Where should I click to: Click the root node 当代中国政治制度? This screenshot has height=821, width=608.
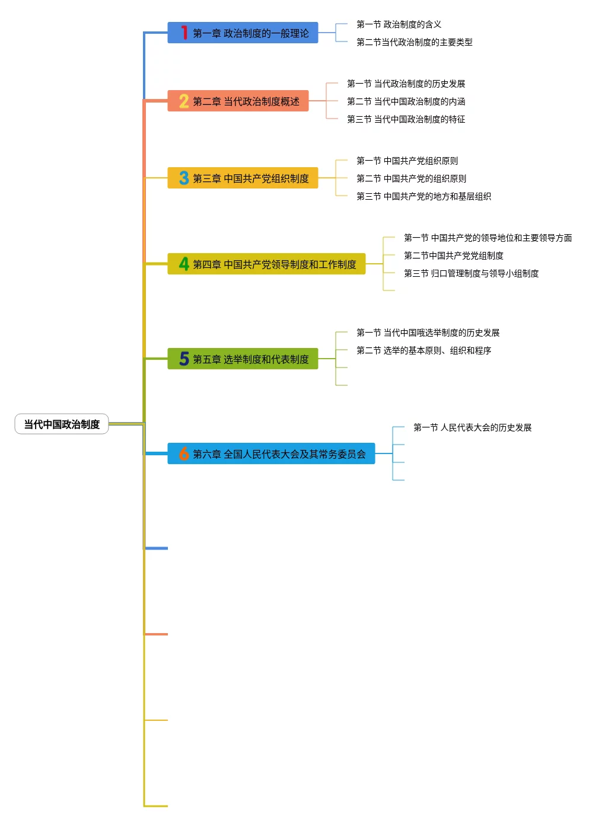tap(62, 424)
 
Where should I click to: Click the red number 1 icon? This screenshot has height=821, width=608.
tap(184, 33)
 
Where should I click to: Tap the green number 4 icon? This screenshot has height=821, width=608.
tap(184, 264)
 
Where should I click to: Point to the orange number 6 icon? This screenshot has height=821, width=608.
tap(184, 453)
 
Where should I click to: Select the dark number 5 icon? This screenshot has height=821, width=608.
tap(184, 359)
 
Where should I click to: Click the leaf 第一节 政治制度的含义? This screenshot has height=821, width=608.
tap(399, 24)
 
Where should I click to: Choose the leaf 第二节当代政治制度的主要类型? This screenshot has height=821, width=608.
tap(414, 42)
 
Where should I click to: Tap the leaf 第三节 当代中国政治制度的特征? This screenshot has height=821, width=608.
tap(406, 119)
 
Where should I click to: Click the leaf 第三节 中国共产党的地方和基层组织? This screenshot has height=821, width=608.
tap(424, 196)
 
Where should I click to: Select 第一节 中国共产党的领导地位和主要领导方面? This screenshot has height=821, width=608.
tap(488, 238)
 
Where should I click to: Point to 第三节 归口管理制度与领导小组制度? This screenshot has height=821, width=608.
tap(471, 273)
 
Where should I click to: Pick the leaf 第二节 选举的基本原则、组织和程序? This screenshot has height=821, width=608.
tap(424, 350)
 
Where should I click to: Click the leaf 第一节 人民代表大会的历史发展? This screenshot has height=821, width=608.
tap(472, 427)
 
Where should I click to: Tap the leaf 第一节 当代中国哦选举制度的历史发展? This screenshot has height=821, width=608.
tap(428, 333)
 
